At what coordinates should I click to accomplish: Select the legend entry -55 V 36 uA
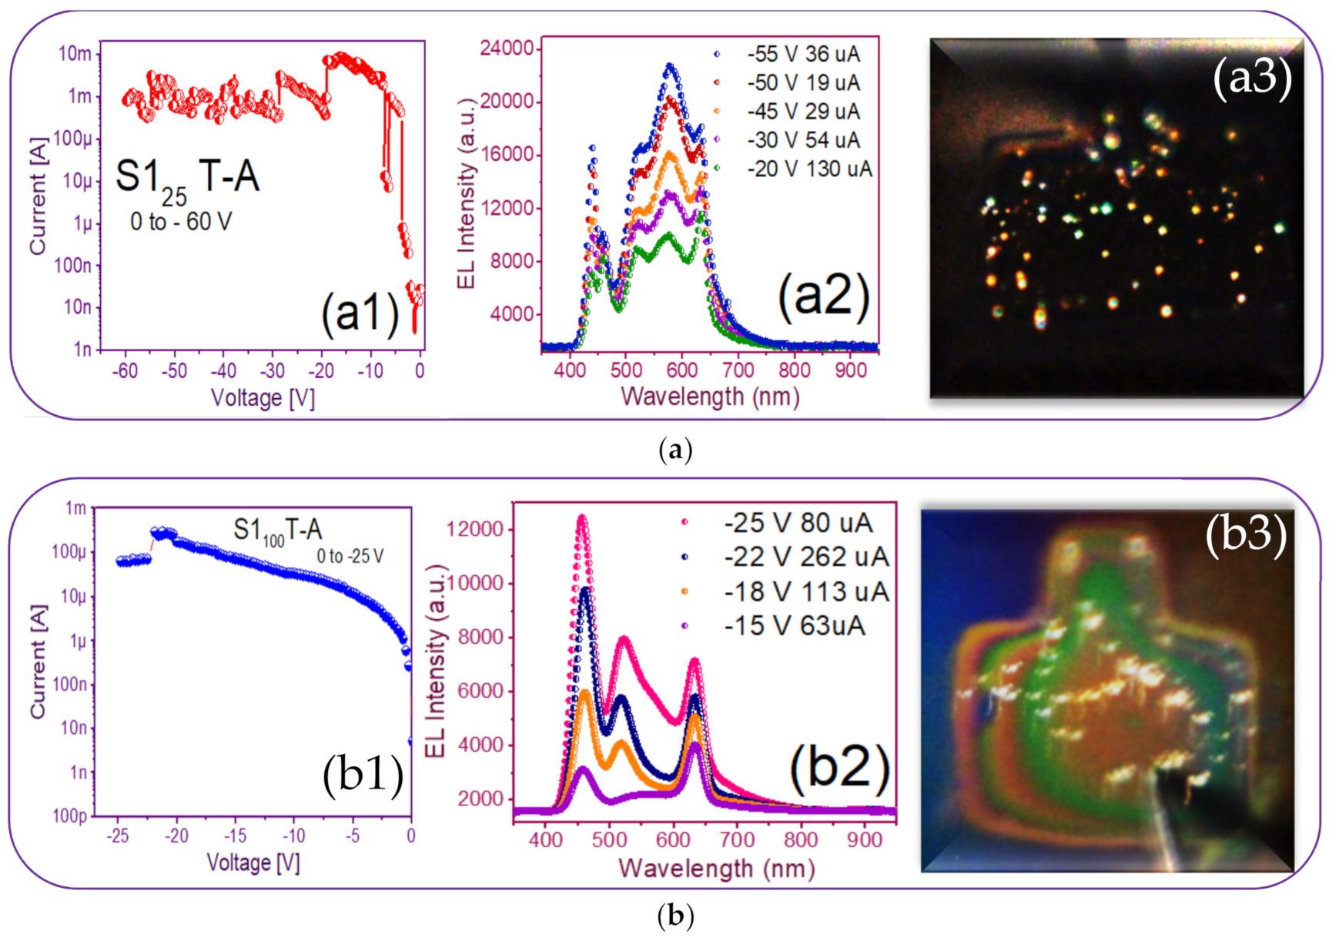click(802, 54)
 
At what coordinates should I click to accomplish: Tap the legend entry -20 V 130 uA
click(808, 169)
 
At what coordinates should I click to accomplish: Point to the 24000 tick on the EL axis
click(506, 49)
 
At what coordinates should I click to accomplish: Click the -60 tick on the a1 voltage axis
click(125, 371)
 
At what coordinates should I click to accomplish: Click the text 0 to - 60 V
click(180, 222)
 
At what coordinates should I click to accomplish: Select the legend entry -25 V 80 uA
click(798, 523)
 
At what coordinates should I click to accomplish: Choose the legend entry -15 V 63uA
click(794, 625)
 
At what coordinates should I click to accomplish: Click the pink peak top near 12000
click(581, 518)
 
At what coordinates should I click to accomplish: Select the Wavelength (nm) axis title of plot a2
click(709, 397)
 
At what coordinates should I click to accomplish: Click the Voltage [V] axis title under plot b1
click(253, 862)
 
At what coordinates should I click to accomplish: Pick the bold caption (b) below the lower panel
click(675, 916)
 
